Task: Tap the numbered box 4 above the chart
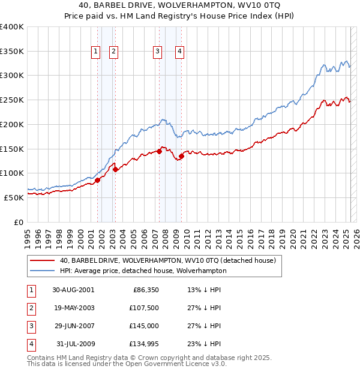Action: [x=179, y=52]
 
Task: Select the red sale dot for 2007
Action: [x=160, y=151]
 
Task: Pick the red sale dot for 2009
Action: [x=181, y=157]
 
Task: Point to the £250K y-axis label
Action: [x=12, y=100]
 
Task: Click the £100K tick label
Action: [x=12, y=173]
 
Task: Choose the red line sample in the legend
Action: [x=41, y=260]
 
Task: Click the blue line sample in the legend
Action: [x=41, y=271]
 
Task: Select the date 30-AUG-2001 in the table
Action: [x=73, y=290]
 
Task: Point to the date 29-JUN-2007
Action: [x=73, y=326]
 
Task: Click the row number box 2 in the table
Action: [x=30, y=308]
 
